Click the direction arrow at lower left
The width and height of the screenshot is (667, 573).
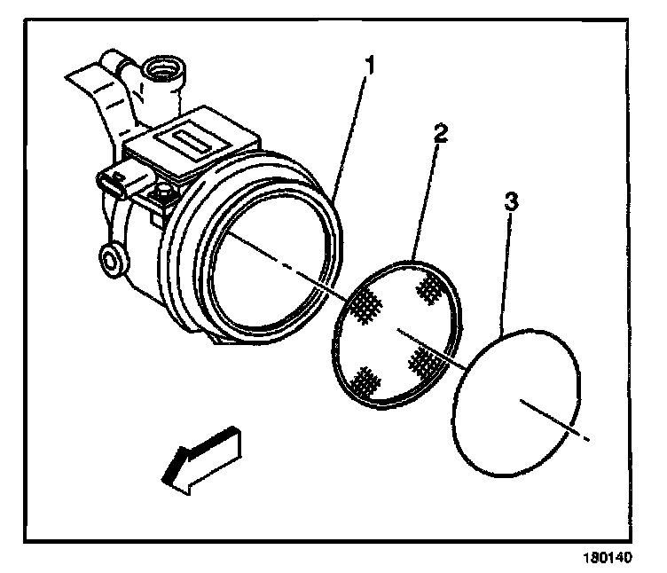coord(200,456)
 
